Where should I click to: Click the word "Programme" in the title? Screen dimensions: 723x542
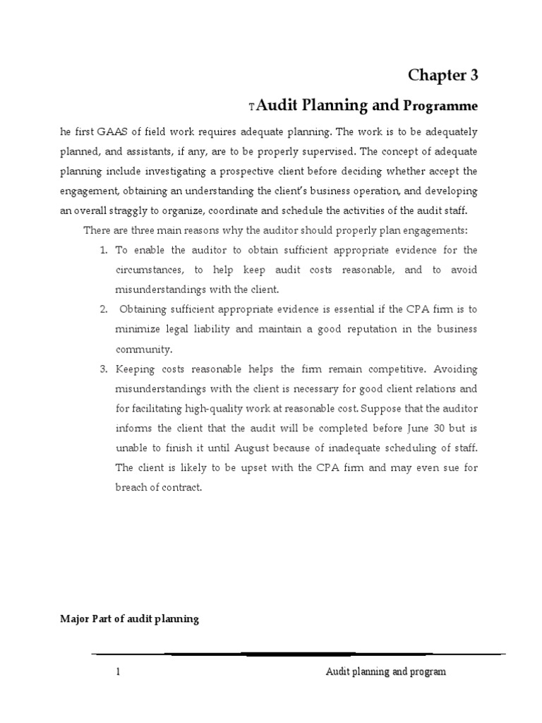(440, 106)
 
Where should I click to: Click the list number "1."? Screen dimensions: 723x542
(102, 250)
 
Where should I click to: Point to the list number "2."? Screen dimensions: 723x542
(102, 309)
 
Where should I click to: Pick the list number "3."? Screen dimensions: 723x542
(102, 369)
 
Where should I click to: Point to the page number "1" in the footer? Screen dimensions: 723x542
(118, 672)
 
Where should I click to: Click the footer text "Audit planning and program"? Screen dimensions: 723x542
(385, 672)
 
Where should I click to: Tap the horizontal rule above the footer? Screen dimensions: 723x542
(299, 654)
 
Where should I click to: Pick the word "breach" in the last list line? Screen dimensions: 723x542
(129, 487)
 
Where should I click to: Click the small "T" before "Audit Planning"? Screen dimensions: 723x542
(251, 107)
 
